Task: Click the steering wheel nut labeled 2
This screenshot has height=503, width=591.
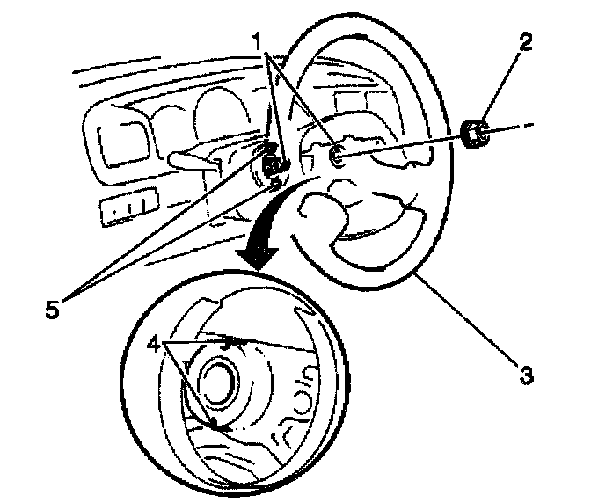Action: pos(476,134)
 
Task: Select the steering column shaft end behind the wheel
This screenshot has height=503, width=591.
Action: pos(276,164)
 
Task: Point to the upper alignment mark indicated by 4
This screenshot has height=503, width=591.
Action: pos(228,346)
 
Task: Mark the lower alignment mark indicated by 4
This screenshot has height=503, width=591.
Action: pos(214,424)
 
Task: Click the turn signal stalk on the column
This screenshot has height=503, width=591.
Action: pos(194,160)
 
